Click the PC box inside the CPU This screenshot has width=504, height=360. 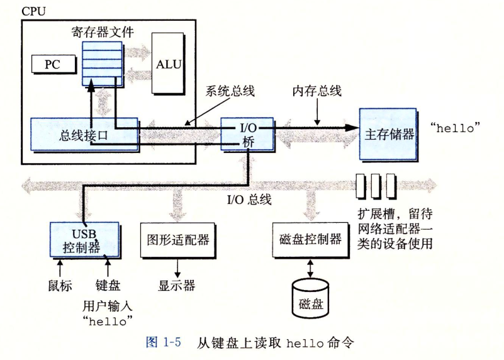(x=53, y=64)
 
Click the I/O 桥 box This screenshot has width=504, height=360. (x=246, y=133)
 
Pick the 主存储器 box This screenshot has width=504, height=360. (x=389, y=133)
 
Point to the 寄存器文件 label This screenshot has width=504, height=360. (x=103, y=33)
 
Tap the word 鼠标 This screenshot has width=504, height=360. (x=60, y=286)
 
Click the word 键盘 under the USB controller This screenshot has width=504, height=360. (x=108, y=286)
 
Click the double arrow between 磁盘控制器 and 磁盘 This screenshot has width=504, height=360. (x=310, y=267)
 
